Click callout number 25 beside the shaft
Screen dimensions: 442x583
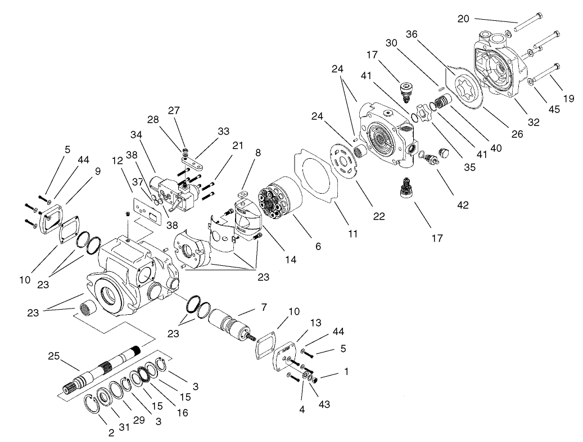53,356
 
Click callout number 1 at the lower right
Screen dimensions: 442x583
346,372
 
